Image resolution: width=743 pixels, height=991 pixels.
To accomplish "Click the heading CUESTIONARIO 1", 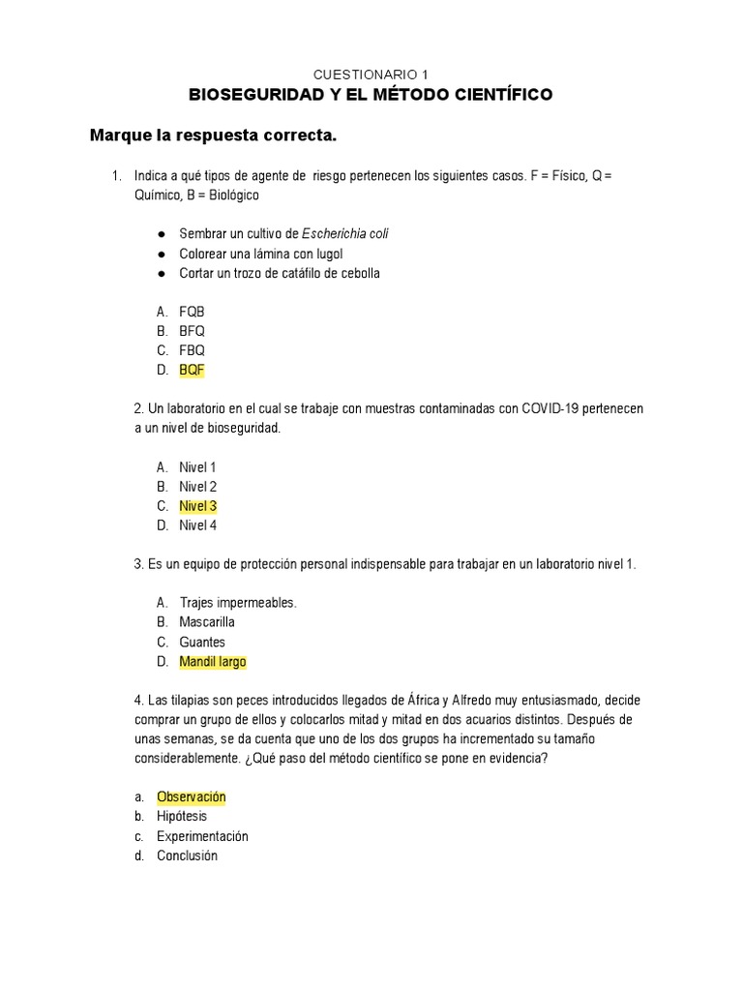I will tap(371, 75).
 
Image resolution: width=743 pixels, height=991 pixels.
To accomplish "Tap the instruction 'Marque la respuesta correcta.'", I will tap(213, 135).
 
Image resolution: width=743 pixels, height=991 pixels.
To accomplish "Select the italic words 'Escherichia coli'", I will tap(345, 234).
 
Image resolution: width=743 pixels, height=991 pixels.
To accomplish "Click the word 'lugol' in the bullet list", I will tap(324, 254).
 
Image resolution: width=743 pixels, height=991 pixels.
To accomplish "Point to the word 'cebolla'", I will tap(357, 273).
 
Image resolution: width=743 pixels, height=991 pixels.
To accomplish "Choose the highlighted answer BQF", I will tap(192, 370).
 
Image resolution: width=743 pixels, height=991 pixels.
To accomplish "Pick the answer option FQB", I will tap(192, 312).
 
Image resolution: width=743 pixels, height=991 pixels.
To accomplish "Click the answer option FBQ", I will tap(192, 350).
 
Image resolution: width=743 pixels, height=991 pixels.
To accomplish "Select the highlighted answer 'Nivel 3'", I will tap(197, 506).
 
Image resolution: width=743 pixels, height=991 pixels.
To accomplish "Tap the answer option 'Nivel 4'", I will tap(197, 526).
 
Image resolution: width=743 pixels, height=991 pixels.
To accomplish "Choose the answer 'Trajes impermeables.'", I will tap(237, 603).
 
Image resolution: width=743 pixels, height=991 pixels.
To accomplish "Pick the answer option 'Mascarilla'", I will tap(206, 622).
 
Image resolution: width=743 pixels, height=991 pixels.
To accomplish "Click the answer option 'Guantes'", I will tap(201, 642).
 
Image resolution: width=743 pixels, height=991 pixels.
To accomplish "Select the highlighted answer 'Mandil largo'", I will tap(212, 662).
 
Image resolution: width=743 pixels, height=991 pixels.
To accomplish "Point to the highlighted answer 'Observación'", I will tap(191, 797).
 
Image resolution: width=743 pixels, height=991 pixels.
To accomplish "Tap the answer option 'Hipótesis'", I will tap(182, 817).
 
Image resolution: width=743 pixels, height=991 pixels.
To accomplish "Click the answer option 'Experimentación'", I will tap(202, 836).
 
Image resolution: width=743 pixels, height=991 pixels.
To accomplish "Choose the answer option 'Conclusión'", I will tap(187, 856).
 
